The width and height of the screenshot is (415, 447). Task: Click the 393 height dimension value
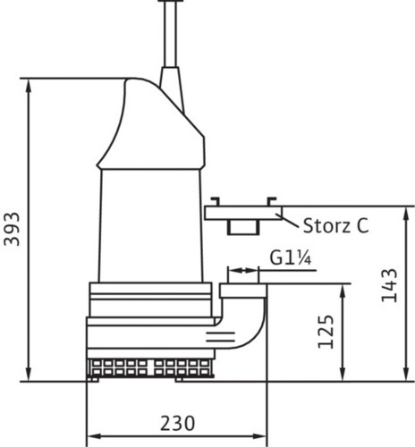12,229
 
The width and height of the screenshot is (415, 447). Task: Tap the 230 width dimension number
178,423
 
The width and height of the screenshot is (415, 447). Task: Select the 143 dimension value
389,285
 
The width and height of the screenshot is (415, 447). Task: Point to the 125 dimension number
326,332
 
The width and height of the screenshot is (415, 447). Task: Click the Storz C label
336,225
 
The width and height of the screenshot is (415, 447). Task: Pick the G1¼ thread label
291,258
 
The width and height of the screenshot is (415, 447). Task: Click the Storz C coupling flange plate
243,213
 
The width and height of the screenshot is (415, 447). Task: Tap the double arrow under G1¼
243,271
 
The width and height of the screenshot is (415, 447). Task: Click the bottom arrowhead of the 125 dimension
343,374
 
